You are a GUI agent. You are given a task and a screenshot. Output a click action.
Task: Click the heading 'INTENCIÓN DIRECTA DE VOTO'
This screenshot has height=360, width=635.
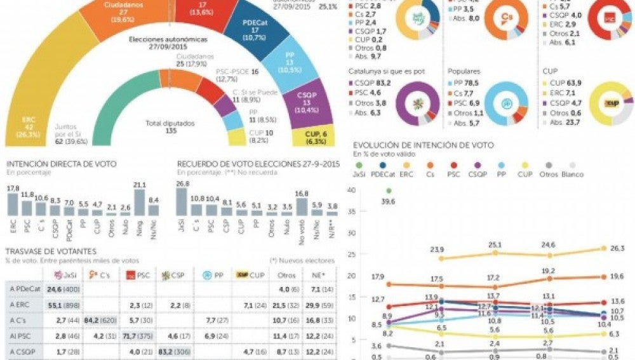(62, 164)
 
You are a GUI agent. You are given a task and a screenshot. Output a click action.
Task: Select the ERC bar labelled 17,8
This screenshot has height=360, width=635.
(13, 204)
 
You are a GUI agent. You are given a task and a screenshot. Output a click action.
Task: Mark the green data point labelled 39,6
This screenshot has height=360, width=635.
(389, 190)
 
